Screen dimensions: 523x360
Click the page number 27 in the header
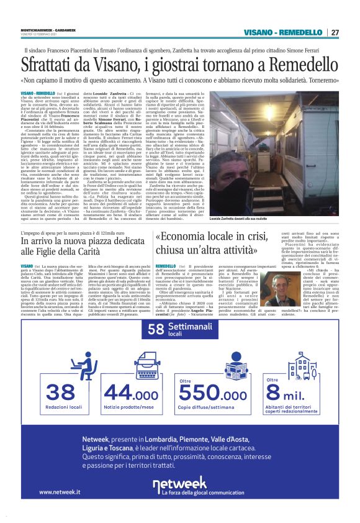[335, 32]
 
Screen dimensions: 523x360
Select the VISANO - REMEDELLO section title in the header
[284, 32]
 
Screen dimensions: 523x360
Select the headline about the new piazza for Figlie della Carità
[78, 246]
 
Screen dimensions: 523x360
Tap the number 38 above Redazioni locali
[61, 392]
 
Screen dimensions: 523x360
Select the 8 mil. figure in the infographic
[290, 393]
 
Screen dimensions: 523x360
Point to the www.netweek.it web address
[60, 492]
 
